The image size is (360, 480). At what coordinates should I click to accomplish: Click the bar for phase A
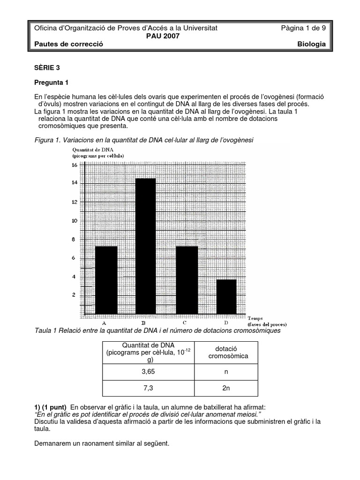tap(106, 279)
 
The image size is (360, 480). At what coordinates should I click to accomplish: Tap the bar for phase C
tap(187, 279)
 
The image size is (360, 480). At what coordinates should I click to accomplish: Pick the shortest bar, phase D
tap(226, 296)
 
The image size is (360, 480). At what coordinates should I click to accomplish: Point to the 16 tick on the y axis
tap(74, 165)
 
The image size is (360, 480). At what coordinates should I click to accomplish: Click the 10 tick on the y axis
tap(74, 220)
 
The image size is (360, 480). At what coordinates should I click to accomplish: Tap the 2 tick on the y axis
tap(74, 295)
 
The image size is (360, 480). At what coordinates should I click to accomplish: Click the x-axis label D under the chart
tap(226, 322)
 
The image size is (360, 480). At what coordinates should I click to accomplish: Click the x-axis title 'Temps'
tap(255, 318)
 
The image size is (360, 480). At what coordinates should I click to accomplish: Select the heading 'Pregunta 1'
tap(52, 82)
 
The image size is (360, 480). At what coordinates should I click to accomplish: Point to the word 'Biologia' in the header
tap(311, 44)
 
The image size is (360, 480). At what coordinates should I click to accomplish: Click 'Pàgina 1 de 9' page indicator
tap(303, 28)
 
